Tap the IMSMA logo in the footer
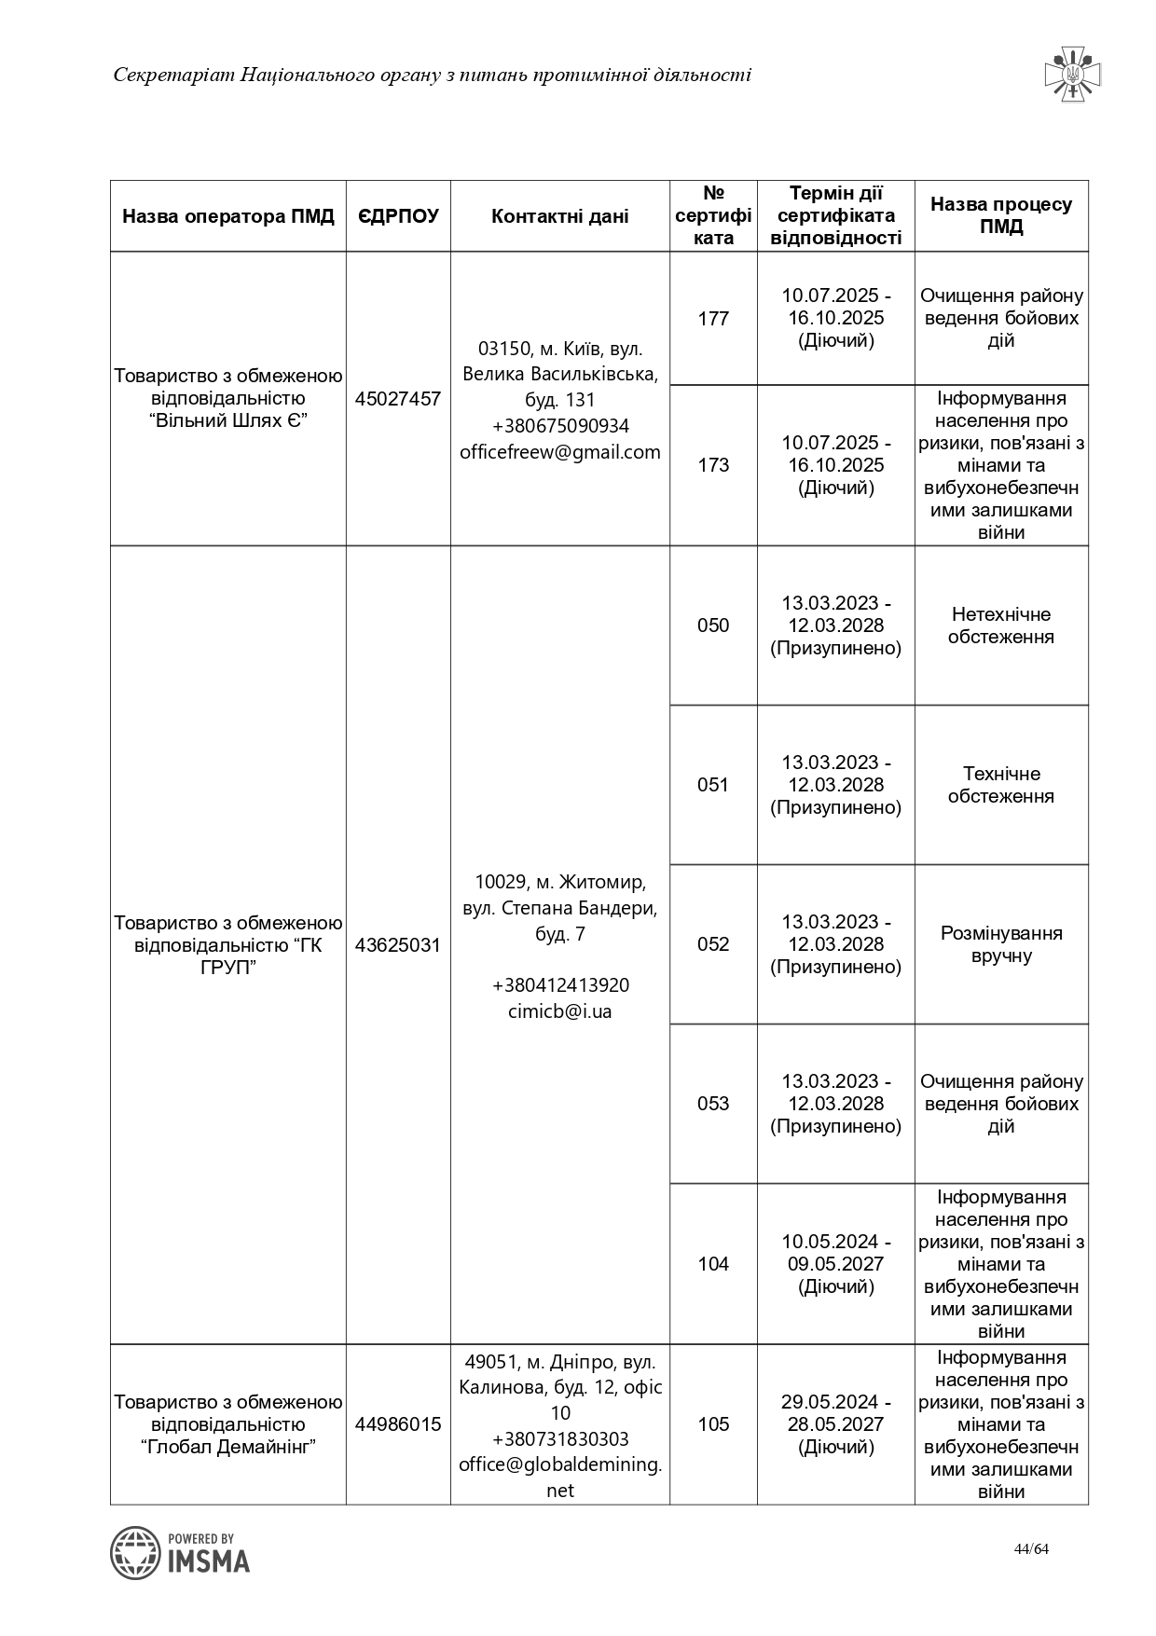click(x=181, y=1552)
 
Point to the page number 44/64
click(x=1031, y=1549)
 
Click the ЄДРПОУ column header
click(x=398, y=216)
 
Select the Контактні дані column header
click(x=559, y=216)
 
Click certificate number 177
click(x=713, y=319)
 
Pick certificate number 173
click(x=713, y=465)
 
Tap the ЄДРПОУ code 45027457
click(x=398, y=399)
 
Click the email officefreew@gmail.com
click(x=559, y=452)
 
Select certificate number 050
click(x=713, y=626)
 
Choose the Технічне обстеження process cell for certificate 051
click(x=1001, y=785)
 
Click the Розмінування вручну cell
click(x=1001, y=944)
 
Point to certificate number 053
click(x=713, y=1104)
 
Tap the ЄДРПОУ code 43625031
click(x=398, y=945)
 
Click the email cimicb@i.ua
click(x=559, y=1011)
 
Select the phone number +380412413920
click(x=559, y=985)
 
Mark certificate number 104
click(x=713, y=1264)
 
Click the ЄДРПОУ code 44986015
click(x=398, y=1424)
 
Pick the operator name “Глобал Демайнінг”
click(x=228, y=1447)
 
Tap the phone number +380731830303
click(x=559, y=1438)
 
